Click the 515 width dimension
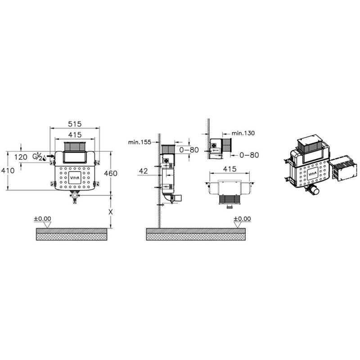75,124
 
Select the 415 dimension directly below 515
75,135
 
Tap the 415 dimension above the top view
229,169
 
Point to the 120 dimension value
21,157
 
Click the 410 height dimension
8,171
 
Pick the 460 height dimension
111,173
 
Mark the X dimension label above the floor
111,212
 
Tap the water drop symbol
44,158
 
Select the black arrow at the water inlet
50,156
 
